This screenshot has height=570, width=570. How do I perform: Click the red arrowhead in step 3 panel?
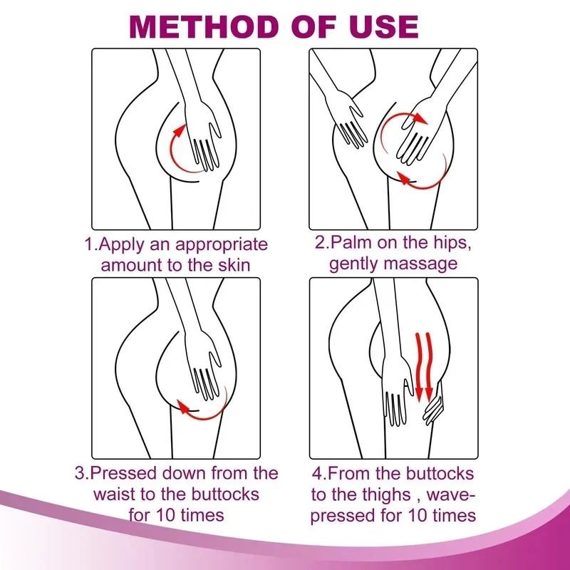(183, 408)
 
